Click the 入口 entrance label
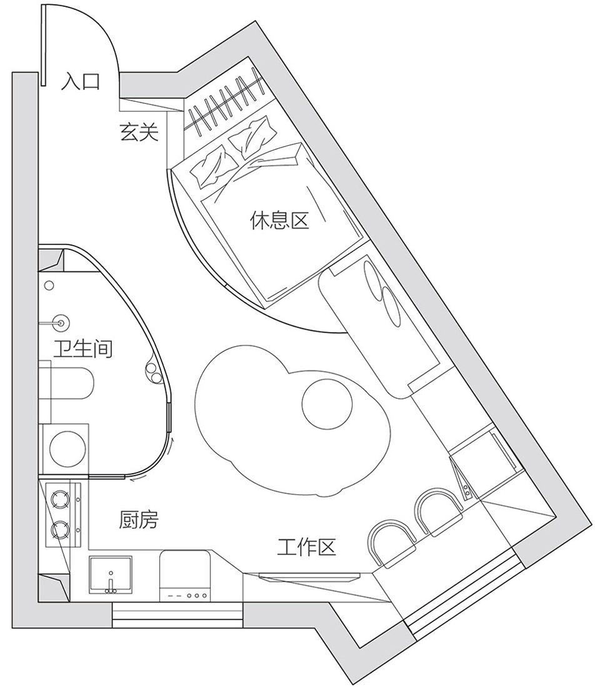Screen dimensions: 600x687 pos(80,81)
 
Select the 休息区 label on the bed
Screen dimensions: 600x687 pos(279,220)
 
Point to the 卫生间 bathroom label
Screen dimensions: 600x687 pos(82,349)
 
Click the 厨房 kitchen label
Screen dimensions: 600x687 pos(138,519)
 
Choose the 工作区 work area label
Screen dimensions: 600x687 pos(307,547)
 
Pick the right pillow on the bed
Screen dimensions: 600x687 pos(253,137)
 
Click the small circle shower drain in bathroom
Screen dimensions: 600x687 pos(49,286)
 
